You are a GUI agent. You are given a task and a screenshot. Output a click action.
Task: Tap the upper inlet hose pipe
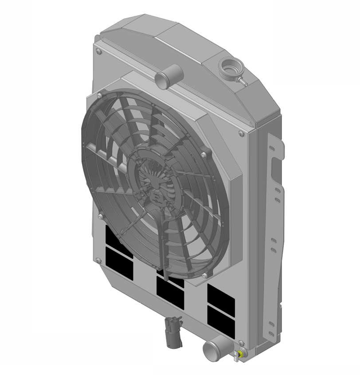[168, 76]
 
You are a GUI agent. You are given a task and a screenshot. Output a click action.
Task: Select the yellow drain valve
[240, 354]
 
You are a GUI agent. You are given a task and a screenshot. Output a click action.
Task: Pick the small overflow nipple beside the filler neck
[242, 82]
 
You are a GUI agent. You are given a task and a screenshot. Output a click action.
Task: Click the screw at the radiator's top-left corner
[98, 52]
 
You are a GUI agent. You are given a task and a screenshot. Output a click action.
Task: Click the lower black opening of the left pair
[119, 263]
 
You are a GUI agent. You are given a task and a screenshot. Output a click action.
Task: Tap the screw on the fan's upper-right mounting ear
[203, 154]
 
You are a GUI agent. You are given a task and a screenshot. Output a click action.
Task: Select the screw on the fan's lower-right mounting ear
[204, 276]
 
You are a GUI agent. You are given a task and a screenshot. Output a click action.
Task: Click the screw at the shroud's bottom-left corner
[98, 261]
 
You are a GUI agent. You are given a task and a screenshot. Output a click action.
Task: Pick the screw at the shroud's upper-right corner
[241, 133]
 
